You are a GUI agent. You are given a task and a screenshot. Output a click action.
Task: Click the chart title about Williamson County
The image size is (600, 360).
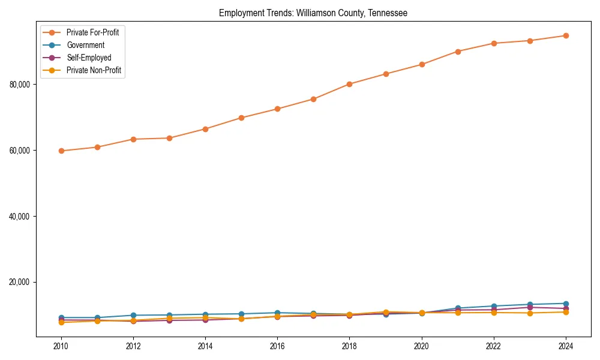(x=313, y=13)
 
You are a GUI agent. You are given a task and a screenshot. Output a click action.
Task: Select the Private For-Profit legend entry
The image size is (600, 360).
(x=92, y=32)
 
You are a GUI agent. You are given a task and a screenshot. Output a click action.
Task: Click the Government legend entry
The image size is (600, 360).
(x=85, y=45)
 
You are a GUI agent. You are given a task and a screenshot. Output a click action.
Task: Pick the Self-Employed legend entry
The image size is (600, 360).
(x=88, y=58)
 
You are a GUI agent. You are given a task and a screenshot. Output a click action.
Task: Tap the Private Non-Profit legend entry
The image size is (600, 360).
(x=94, y=70)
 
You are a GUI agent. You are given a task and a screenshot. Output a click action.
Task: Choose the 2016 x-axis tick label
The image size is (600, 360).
(x=277, y=346)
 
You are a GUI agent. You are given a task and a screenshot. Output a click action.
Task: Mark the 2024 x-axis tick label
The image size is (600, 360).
(x=565, y=346)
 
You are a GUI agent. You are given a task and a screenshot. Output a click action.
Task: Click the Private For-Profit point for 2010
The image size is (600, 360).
(x=61, y=151)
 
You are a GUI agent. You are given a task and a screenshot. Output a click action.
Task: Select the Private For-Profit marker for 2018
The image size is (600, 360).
(x=349, y=84)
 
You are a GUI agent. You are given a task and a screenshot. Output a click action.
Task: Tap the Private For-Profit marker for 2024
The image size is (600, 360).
(x=565, y=35)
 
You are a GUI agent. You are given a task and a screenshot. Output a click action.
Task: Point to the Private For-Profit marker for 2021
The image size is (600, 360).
(x=458, y=52)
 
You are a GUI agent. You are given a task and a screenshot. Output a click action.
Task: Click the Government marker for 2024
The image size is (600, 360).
(x=565, y=304)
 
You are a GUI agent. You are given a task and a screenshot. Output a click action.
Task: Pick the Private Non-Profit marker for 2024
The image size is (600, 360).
(x=565, y=312)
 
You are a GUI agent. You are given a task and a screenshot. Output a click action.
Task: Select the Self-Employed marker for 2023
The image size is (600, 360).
(x=530, y=307)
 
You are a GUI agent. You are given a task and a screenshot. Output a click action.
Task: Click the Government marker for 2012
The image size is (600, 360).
(x=133, y=315)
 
